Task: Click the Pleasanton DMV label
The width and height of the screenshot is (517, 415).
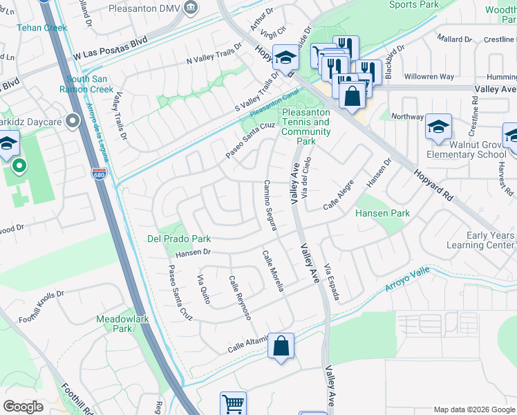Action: (143, 8)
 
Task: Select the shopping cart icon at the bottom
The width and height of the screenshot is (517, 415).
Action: (233, 403)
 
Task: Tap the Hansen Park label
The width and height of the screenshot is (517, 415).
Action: (382, 214)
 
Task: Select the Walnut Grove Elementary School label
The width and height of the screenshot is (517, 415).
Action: (467, 149)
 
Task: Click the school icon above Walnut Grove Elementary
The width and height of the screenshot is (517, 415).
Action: (438, 127)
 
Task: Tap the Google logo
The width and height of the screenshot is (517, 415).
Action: (23, 407)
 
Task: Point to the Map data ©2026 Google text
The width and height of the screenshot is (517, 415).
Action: (474, 409)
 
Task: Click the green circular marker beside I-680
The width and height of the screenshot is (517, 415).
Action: (19, 167)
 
